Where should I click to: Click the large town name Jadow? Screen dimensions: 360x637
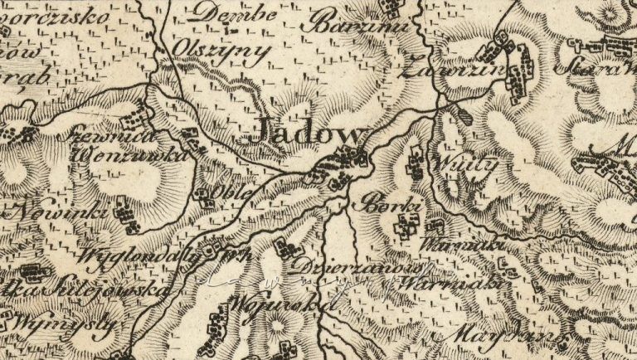click(309, 134)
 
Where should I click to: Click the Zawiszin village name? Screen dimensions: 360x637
click(452, 72)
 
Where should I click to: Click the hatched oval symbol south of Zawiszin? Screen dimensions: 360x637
click(462, 115)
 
